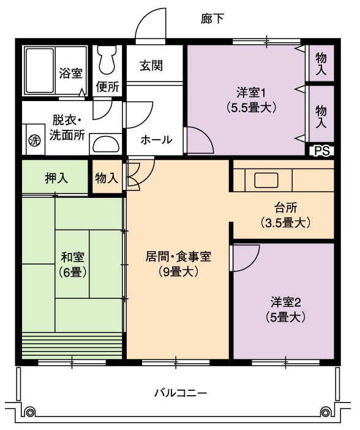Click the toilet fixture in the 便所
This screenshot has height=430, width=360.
(x=107, y=59)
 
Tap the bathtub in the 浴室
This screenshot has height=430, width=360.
(x=39, y=70)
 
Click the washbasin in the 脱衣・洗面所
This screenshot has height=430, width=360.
(x=106, y=144)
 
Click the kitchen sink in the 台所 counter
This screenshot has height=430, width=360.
(x=266, y=180)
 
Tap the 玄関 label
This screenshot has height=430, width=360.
(x=151, y=66)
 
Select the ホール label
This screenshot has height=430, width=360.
(x=156, y=140)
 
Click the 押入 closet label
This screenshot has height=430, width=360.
(x=56, y=178)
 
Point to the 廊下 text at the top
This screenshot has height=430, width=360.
(x=212, y=18)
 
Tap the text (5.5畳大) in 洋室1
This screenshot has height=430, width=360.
(x=251, y=108)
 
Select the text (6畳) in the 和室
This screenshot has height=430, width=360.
(x=72, y=273)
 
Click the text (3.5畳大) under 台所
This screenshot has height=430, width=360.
(x=285, y=223)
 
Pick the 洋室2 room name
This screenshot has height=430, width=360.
(x=286, y=302)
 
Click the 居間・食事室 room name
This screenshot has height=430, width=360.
(x=178, y=257)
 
